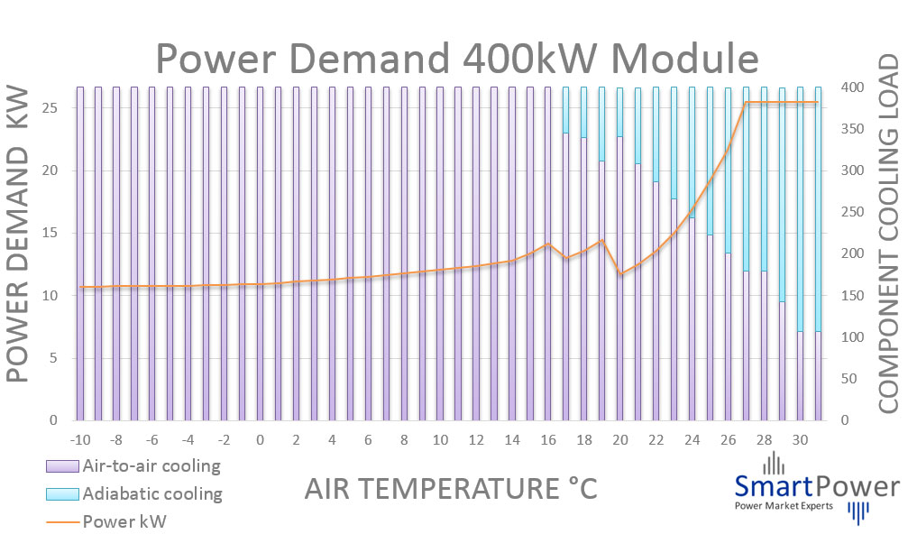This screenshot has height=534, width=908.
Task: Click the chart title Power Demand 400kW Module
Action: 457,59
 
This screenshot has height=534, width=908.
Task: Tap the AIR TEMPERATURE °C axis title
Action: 451,489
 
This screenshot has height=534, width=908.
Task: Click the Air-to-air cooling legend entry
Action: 132,466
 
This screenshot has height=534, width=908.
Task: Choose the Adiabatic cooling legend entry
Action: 132,493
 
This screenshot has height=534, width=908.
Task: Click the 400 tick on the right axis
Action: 853,87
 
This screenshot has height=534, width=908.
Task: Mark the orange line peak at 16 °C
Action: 547,244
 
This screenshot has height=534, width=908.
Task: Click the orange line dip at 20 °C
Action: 619,273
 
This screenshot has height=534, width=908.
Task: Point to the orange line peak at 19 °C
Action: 601,240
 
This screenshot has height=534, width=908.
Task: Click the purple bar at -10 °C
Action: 80,271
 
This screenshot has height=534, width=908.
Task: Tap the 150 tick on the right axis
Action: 853,296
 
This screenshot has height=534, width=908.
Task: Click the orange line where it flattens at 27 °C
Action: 746,103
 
